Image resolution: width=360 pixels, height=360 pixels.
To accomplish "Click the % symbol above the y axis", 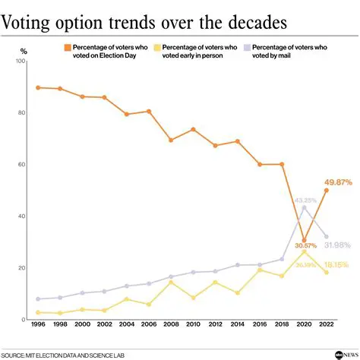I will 24,51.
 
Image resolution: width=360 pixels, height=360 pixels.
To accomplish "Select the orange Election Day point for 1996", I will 38,87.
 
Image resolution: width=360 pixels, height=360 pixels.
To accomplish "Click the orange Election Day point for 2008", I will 171,141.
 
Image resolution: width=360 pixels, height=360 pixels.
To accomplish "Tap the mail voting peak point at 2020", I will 304,207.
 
